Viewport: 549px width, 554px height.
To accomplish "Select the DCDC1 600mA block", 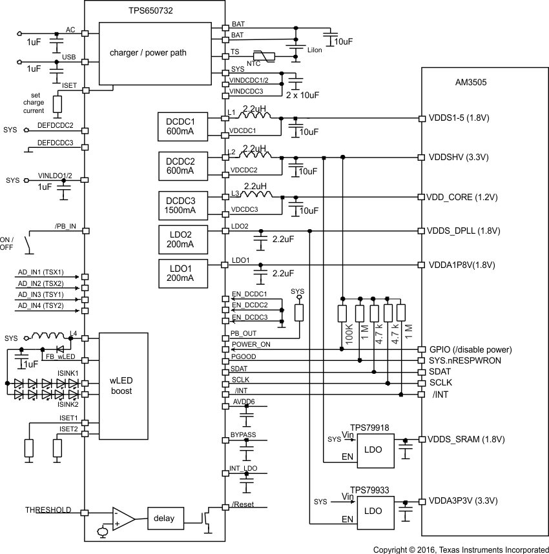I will point(184,126).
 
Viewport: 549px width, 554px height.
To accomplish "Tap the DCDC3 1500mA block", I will point(184,204).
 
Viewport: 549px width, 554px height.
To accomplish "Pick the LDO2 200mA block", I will point(184,240).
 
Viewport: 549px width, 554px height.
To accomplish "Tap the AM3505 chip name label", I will point(470,83).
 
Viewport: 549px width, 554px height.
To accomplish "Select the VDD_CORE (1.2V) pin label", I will point(462,197).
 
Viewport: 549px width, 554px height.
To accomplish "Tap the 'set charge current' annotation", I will point(33,103).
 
